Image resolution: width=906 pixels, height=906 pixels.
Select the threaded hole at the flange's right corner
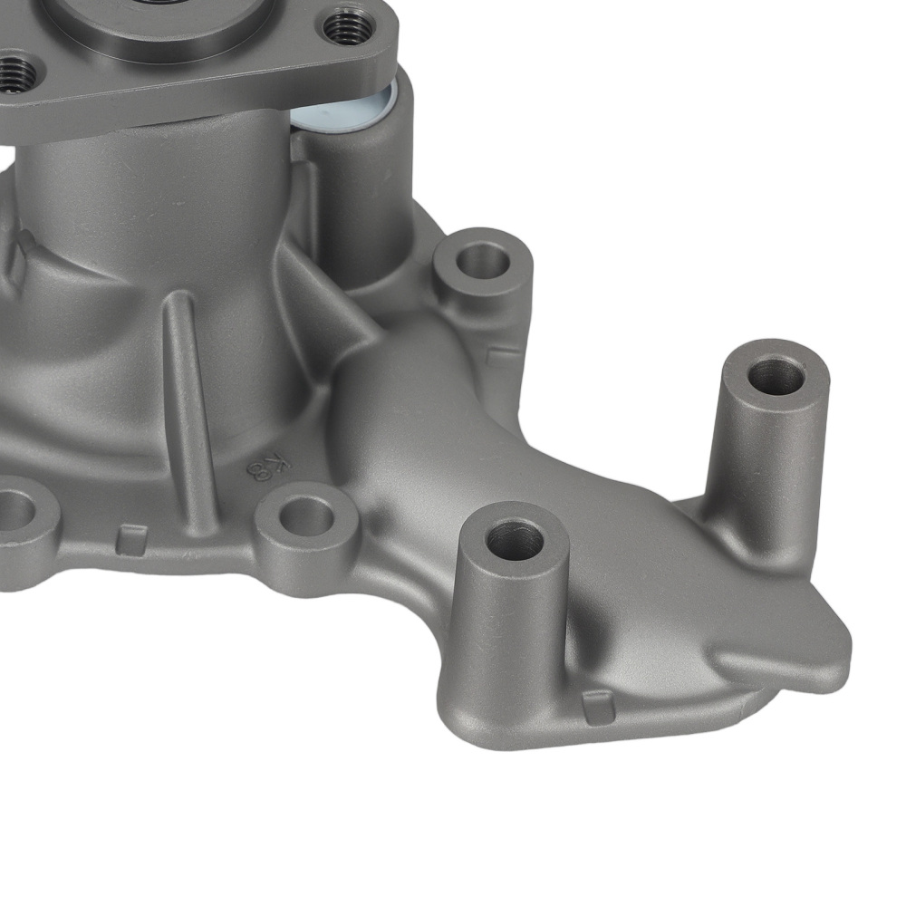click(x=350, y=28)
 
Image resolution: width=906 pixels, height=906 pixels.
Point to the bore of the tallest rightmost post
click(x=776, y=376)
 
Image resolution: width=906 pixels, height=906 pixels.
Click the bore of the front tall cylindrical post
click(x=514, y=541)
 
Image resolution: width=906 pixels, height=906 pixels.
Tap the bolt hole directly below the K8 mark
click(x=305, y=517)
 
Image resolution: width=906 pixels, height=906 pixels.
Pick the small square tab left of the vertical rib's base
click(x=130, y=539)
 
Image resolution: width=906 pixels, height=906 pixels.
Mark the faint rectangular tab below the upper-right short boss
click(x=502, y=356)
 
